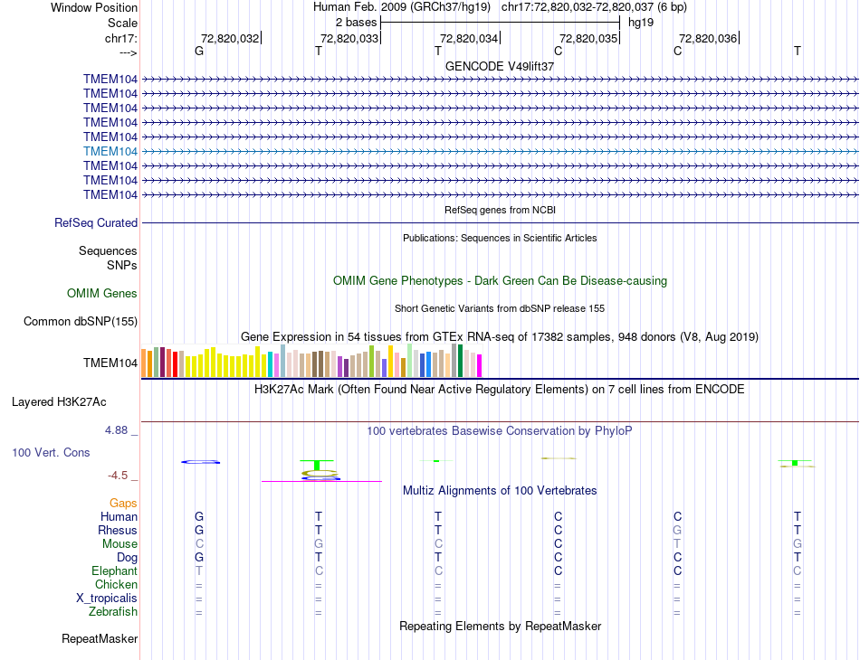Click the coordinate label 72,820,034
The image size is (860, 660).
(x=468, y=38)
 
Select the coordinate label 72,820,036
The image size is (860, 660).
(x=707, y=38)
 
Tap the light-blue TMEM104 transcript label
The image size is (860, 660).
(x=110, y=151)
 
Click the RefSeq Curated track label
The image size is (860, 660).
(x=96, y=222)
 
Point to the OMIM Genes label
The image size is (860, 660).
(x=102, y=293)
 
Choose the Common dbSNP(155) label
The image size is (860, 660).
(x=81, y=321)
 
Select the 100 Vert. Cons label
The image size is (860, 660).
(x=51, y=452)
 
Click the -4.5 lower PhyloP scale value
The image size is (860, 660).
(x=119, y=475)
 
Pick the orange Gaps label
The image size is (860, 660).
(x=123, y=503)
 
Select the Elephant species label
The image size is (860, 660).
(x=114, y=571)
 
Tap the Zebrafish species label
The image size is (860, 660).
(x=113, y=612)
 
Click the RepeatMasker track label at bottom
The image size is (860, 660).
(x=100, y=639)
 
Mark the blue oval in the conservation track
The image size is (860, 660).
(x=200, y=462)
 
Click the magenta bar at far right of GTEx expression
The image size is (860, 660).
(x=479, y=365)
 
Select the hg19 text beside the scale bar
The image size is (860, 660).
(x=641, y=21)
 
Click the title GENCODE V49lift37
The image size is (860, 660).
(x=500, y=66)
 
